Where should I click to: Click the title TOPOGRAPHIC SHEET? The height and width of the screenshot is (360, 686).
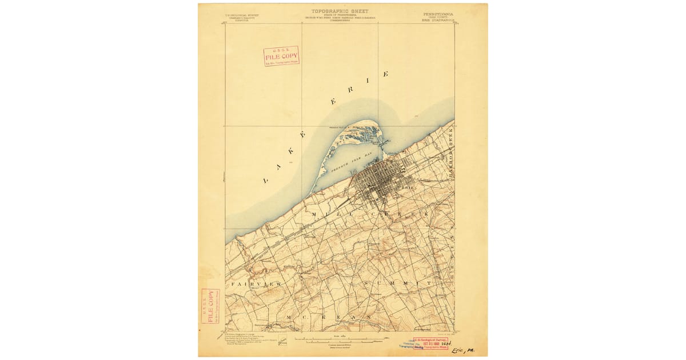click(340, 11)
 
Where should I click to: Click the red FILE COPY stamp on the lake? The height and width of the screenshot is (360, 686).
click(281, 56)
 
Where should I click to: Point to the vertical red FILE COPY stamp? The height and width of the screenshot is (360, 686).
click(210, 306)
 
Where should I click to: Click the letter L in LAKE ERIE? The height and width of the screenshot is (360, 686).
click(265, 181)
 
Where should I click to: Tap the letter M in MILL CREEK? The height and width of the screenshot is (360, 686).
click(316, 214)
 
